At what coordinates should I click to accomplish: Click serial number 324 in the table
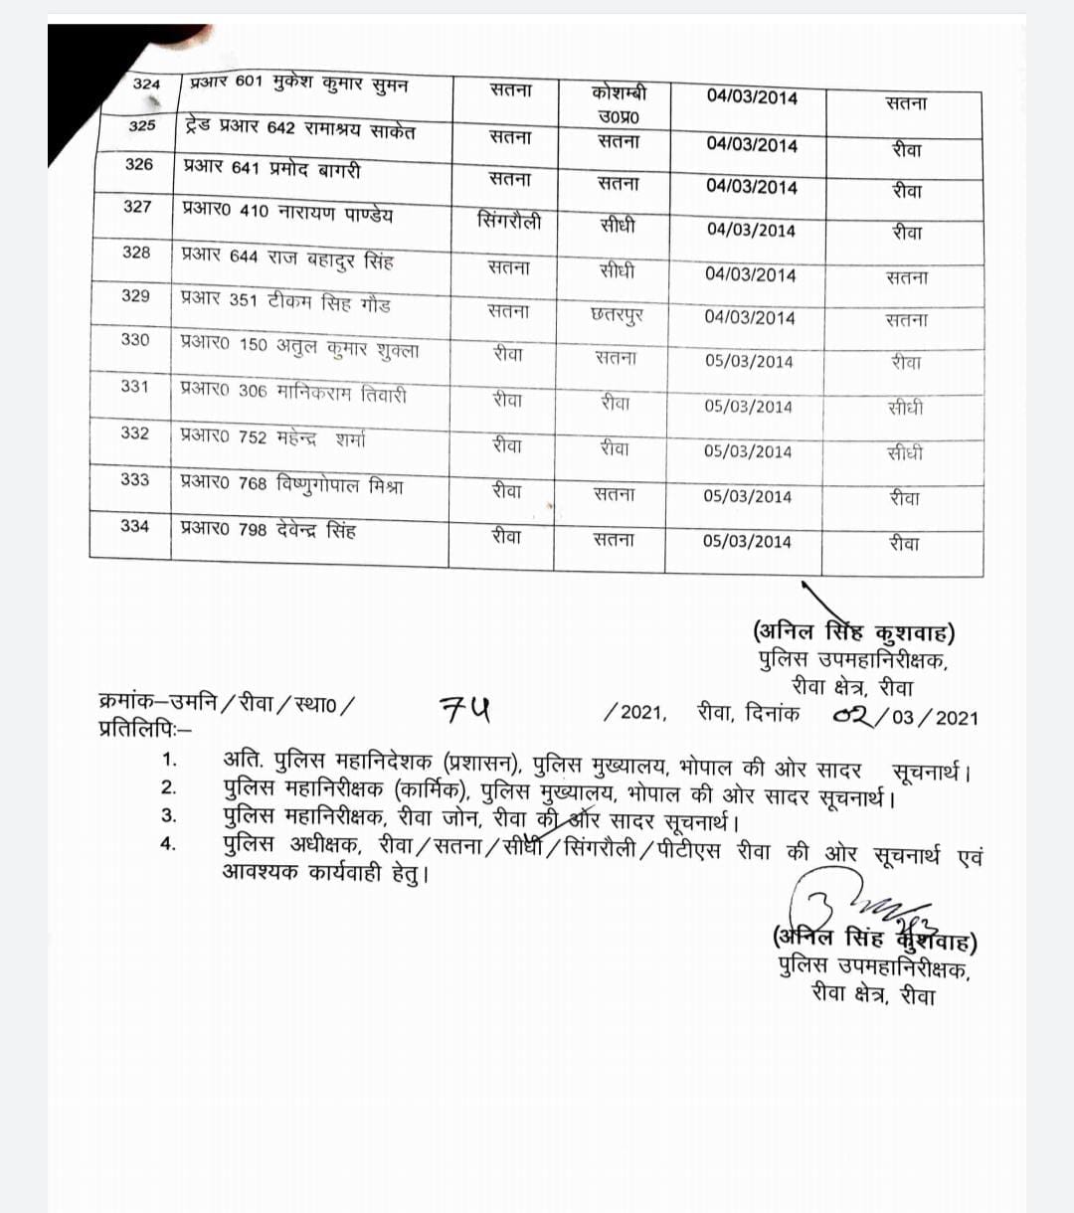[146, 84]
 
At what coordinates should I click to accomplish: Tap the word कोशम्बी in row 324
[619, 92]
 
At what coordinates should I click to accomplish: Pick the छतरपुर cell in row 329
[617, 315]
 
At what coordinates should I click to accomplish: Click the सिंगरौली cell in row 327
[509, 221]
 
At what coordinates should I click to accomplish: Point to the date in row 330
[749, 361]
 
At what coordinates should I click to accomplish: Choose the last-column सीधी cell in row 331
[905, 408]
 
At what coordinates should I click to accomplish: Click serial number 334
[134, 526]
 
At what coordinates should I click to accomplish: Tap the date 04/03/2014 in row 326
[752, 187]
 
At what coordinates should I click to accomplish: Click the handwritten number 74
[464, 709]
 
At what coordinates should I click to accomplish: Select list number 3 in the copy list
[169, 816]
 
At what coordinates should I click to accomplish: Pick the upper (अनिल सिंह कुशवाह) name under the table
[854, 632]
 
